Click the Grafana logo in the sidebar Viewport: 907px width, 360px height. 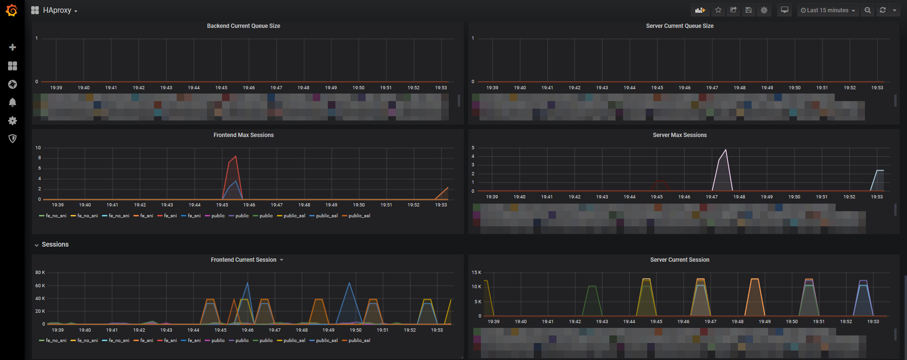tap(12, 10)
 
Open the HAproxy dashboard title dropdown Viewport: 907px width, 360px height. tap(54, 10)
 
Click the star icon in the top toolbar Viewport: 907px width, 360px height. tap(718, 10)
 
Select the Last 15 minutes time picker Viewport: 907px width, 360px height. tap(828, 10)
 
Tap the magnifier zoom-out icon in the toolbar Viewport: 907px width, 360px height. tap(867, 10)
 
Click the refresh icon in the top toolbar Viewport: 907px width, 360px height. tap(882, 10)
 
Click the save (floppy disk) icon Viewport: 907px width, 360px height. tap(748, 10)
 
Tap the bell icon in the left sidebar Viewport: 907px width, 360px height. tap(13, 103)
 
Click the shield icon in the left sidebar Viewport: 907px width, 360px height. tap(13, 138)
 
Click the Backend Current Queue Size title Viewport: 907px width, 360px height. tap(243, 26)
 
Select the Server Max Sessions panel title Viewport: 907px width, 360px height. tap(679, 135)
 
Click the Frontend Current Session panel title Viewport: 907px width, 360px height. tap(244, 260)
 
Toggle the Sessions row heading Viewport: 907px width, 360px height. tap(55, 244)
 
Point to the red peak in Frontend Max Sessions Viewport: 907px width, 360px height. tap(236, 156)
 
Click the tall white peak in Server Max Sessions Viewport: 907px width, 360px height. tap(726, 150)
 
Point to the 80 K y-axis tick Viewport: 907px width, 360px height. tap(40, 273)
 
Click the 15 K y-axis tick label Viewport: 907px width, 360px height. tap(476, 273)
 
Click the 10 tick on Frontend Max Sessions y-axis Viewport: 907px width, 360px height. tap(38, 148)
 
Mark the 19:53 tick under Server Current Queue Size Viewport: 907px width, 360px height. tap(877, 88)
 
